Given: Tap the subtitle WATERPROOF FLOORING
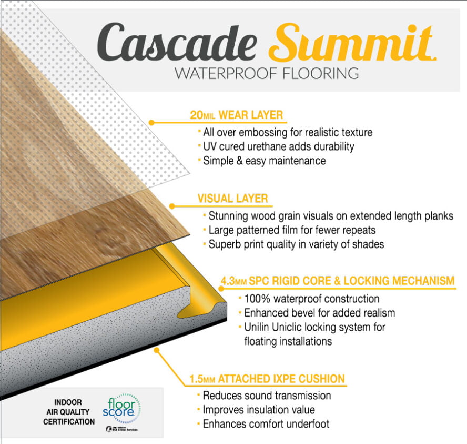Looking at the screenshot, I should point(267,73).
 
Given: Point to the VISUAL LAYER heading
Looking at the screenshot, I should point(232,199).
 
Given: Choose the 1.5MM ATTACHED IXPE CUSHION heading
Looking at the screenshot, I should point(267,379).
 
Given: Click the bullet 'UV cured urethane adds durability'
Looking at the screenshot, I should point(278,146).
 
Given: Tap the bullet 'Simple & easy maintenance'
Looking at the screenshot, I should point(264,161).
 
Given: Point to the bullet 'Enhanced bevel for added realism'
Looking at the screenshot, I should point(319,313).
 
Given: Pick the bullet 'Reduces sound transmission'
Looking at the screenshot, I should point(267,395).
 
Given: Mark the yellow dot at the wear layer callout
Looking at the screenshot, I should point(151,122).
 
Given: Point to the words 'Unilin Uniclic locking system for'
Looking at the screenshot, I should point(314,327).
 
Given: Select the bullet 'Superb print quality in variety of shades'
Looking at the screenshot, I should point(297,244).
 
